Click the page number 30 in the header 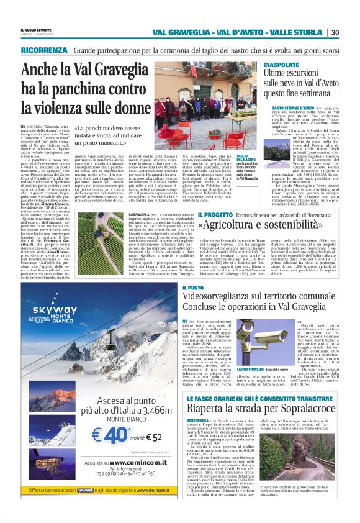point(352,32)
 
